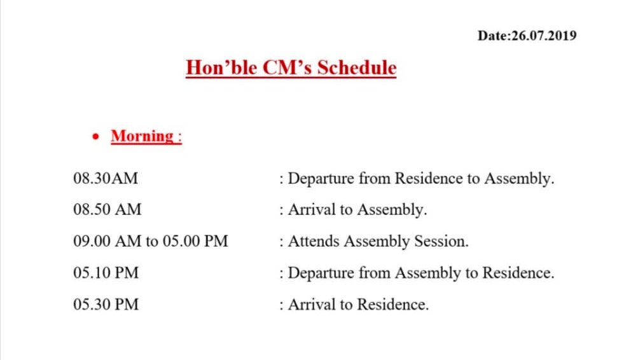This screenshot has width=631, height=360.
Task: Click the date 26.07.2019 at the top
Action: click(544, 36)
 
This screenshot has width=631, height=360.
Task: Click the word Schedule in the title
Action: click(357, 67)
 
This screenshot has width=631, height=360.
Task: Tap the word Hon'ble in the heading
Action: click(221, 67)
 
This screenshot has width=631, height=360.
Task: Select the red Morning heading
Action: click(146, 136)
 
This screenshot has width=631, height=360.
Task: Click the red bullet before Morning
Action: click(95, 137)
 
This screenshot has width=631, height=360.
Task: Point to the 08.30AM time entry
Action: click(106, 178)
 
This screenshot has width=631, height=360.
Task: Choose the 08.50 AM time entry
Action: click(107, 209)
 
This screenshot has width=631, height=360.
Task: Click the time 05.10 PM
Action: click(106, 273)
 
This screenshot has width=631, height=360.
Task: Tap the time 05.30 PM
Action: click(106, 305)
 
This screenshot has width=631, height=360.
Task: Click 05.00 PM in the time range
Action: click(195, 241)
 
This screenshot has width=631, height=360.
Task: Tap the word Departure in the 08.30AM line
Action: click(321, 179)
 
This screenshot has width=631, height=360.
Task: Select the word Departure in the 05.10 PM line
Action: click(321, 273)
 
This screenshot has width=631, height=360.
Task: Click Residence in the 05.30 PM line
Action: click(392, 305)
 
